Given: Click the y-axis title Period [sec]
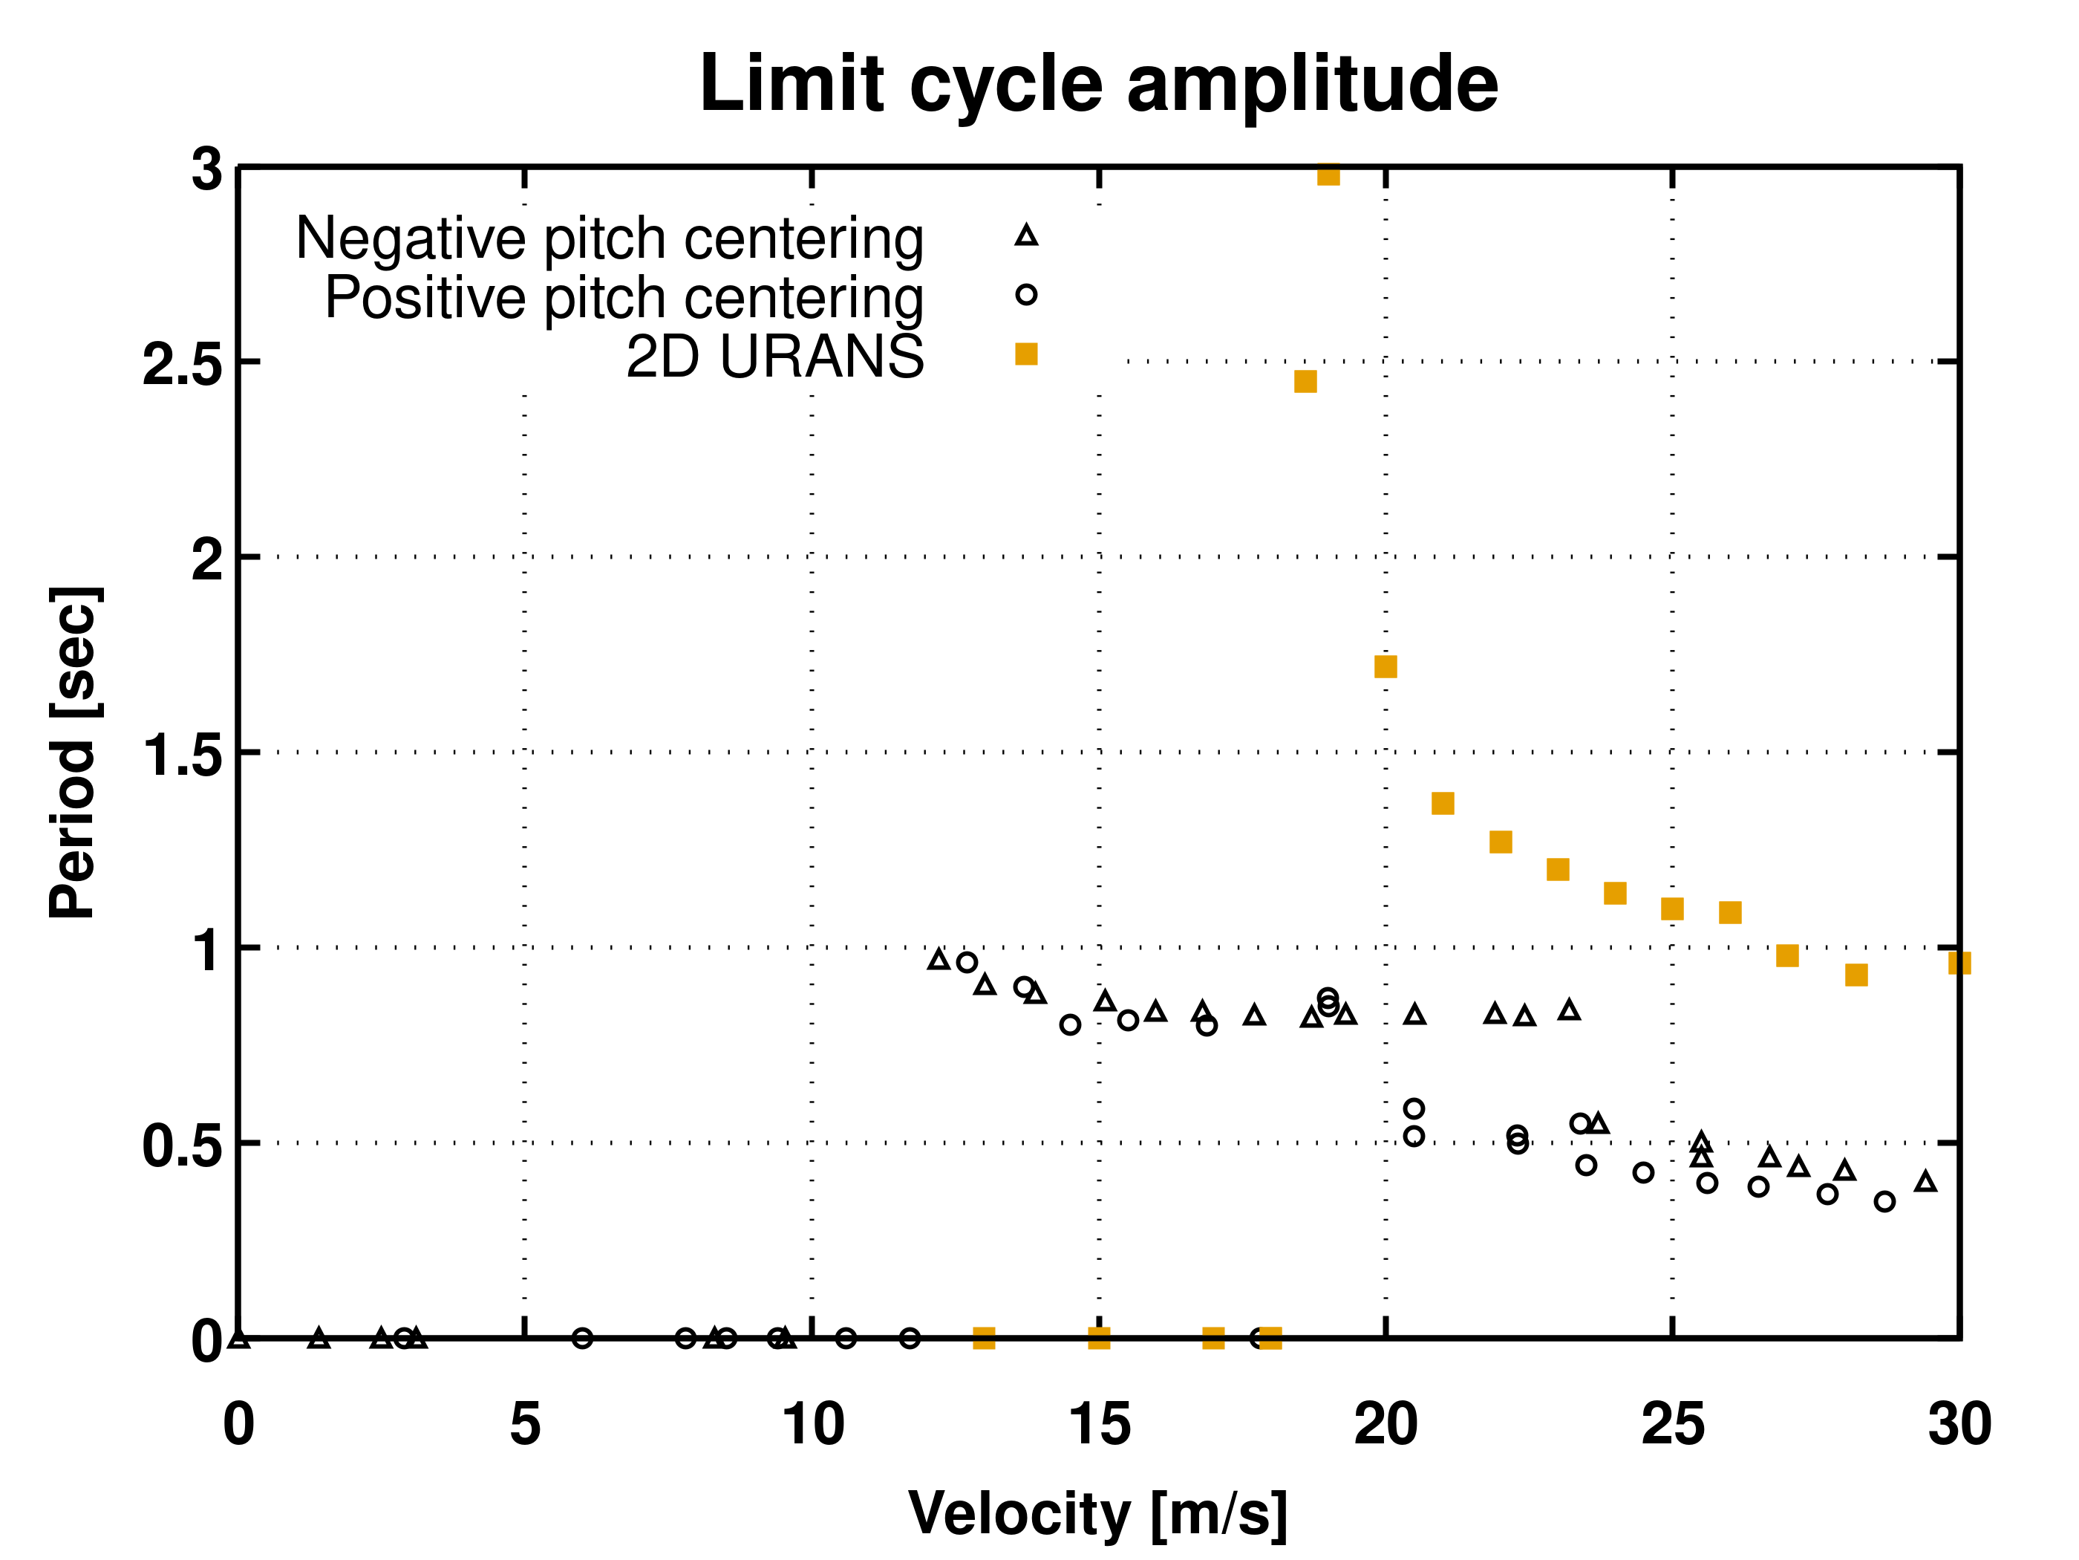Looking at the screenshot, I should tap(74, 753).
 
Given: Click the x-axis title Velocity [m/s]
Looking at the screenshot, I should tap(1097, 1514).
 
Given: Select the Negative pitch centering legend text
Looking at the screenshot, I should tap(609, 238).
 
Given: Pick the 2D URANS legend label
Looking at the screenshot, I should tap(774, 357).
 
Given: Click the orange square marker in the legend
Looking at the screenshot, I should tap(1025, 354).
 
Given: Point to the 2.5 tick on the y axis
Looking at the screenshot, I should tap(183, 364).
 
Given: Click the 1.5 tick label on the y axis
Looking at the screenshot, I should tap(183, 754).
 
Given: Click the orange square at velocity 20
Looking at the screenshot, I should tap(1385, 666).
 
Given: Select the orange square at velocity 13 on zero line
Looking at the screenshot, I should tap(983, 1338).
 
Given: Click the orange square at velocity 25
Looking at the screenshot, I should tap(1671, 909).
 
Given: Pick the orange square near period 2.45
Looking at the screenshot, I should tap(1305, 381).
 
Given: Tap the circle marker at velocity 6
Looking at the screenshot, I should tap(582, 1338).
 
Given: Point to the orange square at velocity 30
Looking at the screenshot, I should tap(1958, 962).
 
